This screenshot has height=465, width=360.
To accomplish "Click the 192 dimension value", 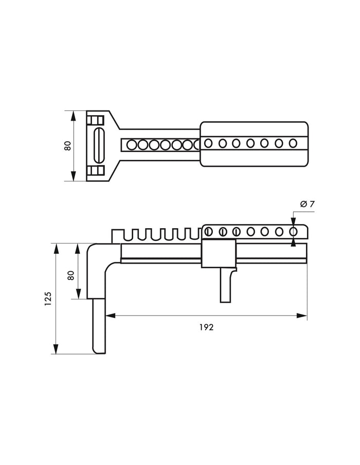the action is (x=207, y=327).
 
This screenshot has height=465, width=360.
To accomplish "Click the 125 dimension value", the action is (x=48, y=299).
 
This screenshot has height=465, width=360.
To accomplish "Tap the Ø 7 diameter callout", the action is (x=307, y=204).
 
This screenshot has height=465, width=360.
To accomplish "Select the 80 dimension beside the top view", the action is (x=68, y=145).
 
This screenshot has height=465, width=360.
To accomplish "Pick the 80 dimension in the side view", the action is (x=70, y=275).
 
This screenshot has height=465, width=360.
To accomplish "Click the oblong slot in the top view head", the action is (x=99, y=145).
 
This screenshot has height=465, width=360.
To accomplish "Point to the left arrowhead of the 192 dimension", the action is (x=111, y=315).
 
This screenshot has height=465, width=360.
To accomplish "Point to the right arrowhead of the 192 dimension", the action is (x=302, y=315).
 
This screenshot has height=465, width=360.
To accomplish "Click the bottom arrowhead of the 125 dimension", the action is (x=56, y=349).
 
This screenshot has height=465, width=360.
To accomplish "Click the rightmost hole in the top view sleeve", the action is (x=293, y=143).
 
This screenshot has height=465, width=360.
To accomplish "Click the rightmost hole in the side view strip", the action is (x=293, y=232).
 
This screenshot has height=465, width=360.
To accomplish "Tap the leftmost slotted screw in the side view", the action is (x=208, y=232).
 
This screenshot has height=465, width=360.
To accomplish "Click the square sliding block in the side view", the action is (x=219, y=253).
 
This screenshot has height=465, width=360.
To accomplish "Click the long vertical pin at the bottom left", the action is (x=99, y=326).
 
